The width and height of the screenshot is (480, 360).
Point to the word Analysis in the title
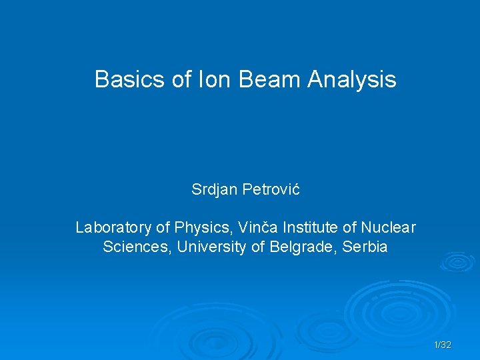click(352, 80)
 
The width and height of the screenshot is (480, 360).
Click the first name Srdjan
click(213, 190)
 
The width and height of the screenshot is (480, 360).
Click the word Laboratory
click(113, 228)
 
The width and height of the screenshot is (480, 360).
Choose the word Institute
click(305, 228)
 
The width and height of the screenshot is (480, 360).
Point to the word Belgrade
click(301, 247)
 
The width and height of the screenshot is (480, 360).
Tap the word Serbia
click(365, 247)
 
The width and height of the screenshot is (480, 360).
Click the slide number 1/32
click(443, 345)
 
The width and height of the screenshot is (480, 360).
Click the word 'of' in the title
click(182, 80)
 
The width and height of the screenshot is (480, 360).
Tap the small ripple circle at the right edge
click(458, 261)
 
